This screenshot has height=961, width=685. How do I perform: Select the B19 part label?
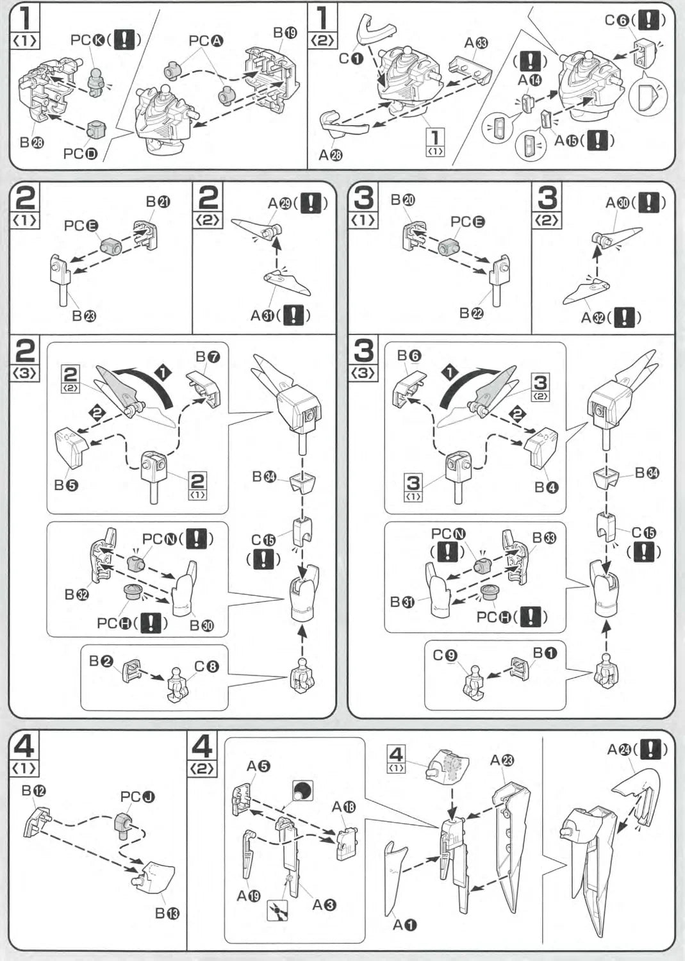tap(285, 33)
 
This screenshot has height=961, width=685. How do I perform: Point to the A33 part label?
tap(476, 43)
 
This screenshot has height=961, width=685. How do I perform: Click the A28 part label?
tap(331, 154)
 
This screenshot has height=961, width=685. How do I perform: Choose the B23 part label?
tap(84, 316)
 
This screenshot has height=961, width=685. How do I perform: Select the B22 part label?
tap(471, 313)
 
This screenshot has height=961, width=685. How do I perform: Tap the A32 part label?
tap(593, 318)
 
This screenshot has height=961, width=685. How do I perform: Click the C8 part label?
tap(207, 667)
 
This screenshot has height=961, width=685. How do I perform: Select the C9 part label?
tap(445, 655)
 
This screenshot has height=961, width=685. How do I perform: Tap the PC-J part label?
tap(137, 797)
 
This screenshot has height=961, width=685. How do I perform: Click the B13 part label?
tap(167, 913)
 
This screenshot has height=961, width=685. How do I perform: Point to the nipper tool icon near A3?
tap(277, 910)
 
